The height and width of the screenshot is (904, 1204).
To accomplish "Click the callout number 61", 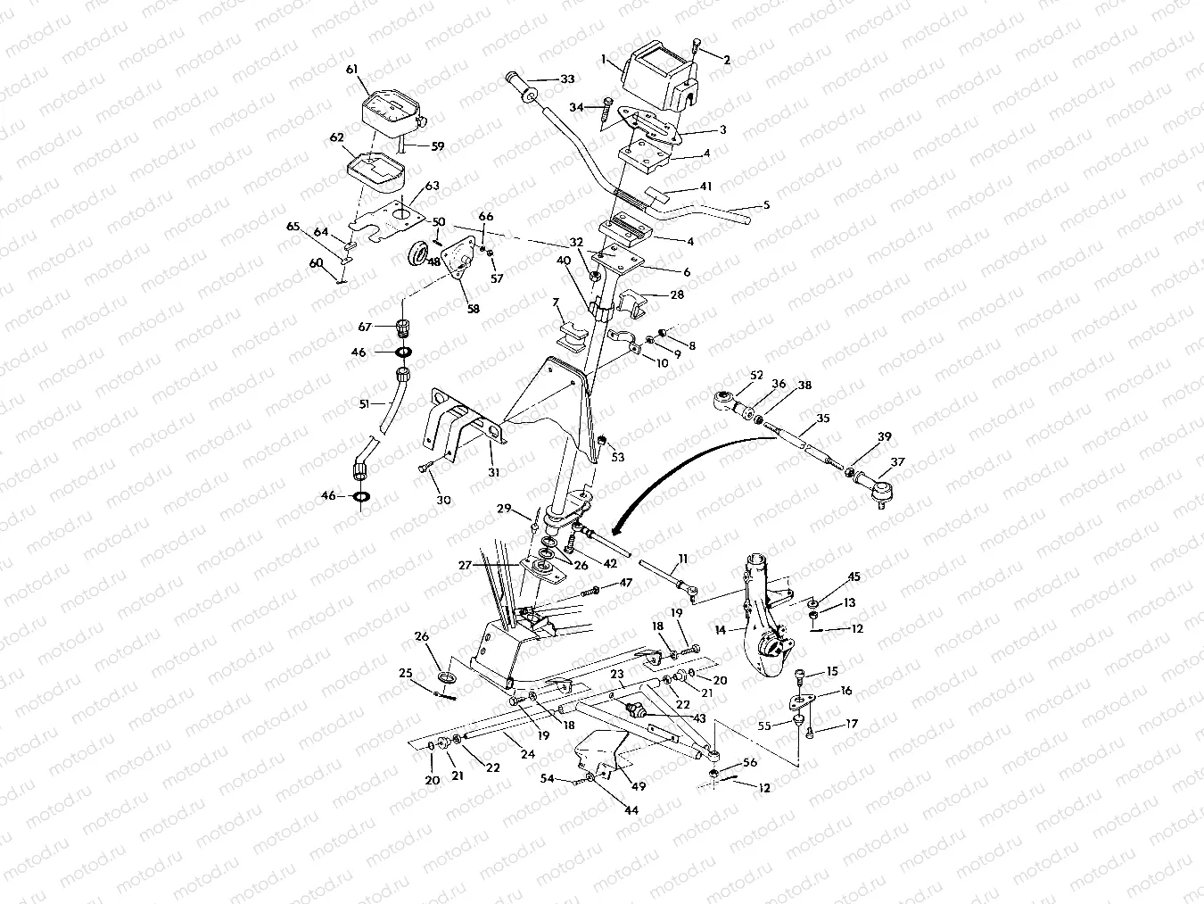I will click(x=351, y=70).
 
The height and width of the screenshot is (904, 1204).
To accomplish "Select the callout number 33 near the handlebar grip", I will click(x=566, y=79).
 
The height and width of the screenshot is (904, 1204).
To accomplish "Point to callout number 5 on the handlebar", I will click(x=765, y=205).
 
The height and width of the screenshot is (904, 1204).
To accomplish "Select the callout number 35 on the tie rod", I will click(x=822, y=418).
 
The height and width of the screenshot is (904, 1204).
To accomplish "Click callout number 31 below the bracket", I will click(x=493, y=471).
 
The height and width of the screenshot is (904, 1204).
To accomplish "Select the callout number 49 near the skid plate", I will click(x=637, y=785).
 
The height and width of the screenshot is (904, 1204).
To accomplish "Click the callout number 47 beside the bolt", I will click(x=625, y=582).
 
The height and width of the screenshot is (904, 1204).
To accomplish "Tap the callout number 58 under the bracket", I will click(x=473, y=309).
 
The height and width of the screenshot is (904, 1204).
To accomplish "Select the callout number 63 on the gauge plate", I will click(x=432, y=186).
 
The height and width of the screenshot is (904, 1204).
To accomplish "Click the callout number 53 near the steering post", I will click(x=617, y=457).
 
